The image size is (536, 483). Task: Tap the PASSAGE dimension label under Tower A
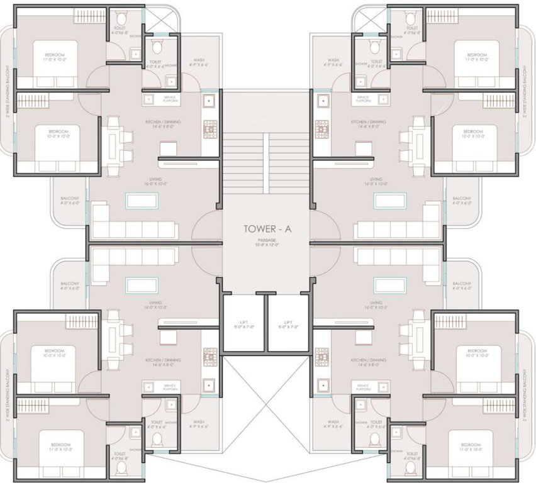pyautogui.click(x=267, y=243)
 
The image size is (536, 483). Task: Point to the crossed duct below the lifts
pyautogui.click(x=267, y=402)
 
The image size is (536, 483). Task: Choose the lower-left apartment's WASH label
pyautogui.click(x=198, y=424)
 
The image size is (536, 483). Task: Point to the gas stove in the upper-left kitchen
pyautogui.click(x=209, y=128)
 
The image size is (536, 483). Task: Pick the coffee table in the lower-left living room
pyautogui.click(x=142, y=286)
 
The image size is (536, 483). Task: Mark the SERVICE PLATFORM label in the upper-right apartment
pyautogui.click(x=362, y=99)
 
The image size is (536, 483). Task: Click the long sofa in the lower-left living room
pyautogui.click(x=134, y=256)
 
